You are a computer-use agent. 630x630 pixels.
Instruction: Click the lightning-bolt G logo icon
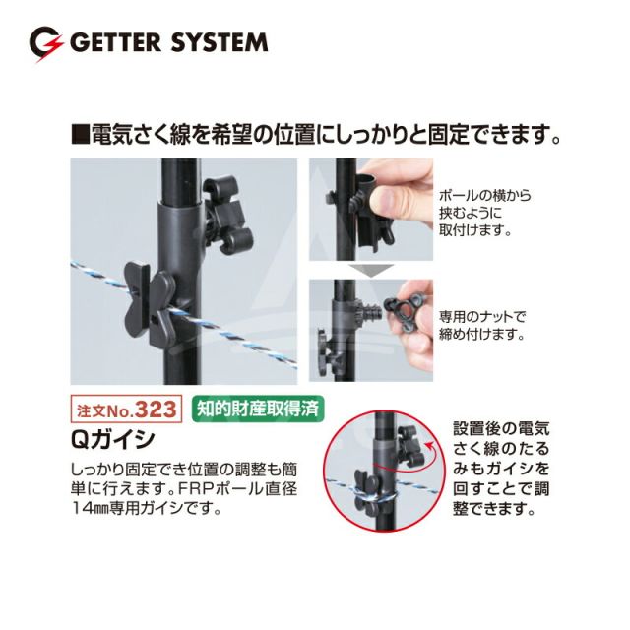pyautogui.click(x=46, y=44)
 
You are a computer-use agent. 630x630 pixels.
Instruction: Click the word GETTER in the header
pyautogui.click(x=116, y=42)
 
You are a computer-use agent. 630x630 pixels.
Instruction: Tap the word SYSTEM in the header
pyautogui.click(x=220, y=42)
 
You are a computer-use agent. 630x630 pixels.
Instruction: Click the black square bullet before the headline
pyautogui.click(x=80, y=134)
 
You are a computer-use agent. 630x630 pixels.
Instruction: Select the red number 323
pyautogui.click(x=156, y=409)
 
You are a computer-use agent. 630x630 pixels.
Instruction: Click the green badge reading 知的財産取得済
pyautogui.click(x=258, y=409)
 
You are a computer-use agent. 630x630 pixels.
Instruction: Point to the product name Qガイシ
pyautogui.click(x=112, y=439)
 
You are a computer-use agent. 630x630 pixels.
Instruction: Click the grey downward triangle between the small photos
pyautogui.click(x=371, y=270)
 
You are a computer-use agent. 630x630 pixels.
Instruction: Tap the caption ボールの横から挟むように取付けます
pyautogui.click(x=485, y=213)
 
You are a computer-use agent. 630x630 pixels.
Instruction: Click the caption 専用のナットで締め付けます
pyautogui.click(x=482, y=326)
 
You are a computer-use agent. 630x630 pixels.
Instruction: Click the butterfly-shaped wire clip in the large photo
pyautogui.click(x=150, y=304)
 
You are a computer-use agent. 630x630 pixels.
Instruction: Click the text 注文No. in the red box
pyautogui.click(x=105, y=411)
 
